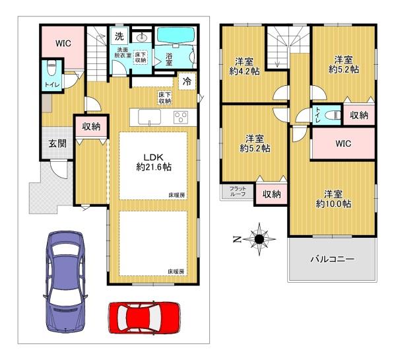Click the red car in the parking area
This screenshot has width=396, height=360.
tap(144, 317)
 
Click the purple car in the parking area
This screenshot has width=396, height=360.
tap(66, 281)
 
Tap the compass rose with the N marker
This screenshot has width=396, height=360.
tap(259, 239)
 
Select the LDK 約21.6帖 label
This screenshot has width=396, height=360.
tap(154, 162)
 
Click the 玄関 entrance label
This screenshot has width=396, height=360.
tap(57, 143)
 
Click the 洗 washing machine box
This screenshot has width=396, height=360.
tap(119, 36)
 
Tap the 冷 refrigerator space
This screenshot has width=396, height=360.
tap(187, 81)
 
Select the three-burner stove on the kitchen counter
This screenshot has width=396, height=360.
tap(181, 118)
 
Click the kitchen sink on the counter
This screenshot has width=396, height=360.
tap(150, 117)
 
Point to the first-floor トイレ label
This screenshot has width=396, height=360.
tap(52, 85)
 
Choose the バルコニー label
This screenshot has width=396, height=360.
tap(332, 259)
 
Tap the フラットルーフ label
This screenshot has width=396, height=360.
tap(238, 192)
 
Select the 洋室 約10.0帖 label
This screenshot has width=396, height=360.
tap(333, 199)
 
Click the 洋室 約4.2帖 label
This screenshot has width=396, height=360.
tap(244, 67)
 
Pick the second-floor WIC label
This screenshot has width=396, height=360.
tap(343, 143)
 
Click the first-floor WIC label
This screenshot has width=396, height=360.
tap(63, 44)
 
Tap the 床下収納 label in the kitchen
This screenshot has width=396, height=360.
tap(164, 98)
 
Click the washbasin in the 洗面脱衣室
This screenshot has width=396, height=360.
tap(142, 38)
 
